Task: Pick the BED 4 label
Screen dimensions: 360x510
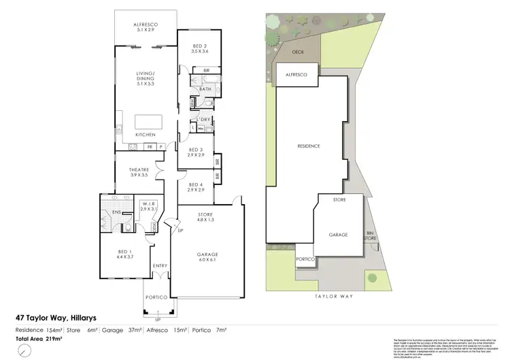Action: tap(196, 187)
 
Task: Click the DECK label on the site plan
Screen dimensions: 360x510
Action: tap(298, 52)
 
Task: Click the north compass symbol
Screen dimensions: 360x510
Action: tap(23, 348)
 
